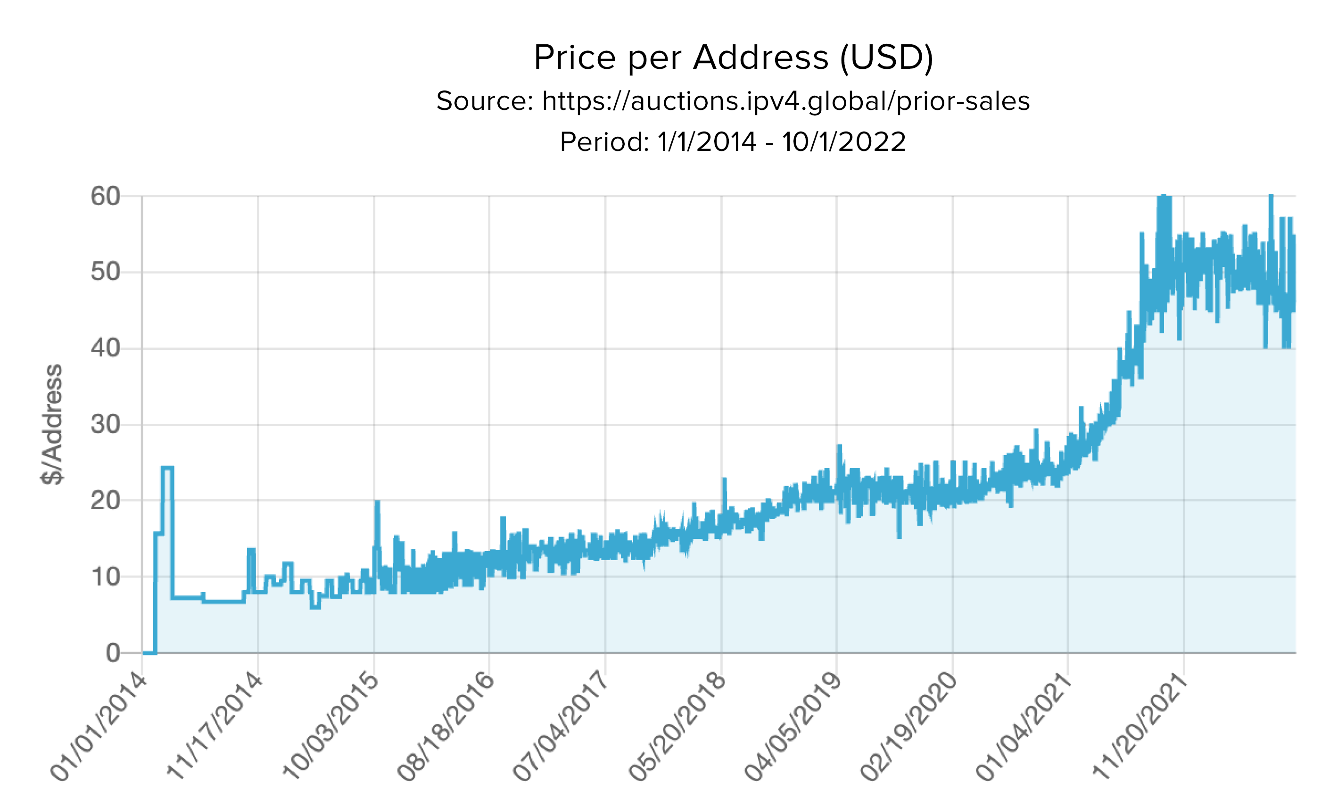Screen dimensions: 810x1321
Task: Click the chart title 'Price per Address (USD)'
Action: click(x=733, y=58)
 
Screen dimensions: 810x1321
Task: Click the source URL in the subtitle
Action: click(x=785, y=101)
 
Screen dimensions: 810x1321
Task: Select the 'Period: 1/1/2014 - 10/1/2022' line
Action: click(x=733, y=142)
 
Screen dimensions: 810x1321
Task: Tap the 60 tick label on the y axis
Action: click(x=105, y=196)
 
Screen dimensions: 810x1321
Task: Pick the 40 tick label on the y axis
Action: click(x=105, y=348)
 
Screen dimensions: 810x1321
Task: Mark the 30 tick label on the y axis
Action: click(x=105, y=425)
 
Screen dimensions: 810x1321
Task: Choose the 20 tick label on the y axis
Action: click(x=105, y=501)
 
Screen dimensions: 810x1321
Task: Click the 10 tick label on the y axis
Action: click(x=105, y=577)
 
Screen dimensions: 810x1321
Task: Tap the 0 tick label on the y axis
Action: click(x=113, y=653)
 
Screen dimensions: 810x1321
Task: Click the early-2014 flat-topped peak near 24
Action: click(x=167, y=468)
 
